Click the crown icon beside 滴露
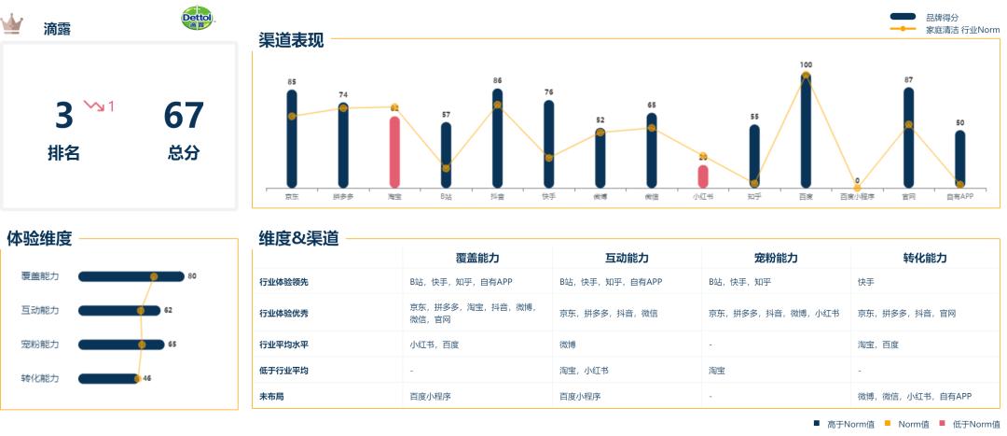point(14,23)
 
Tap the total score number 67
point(184,116)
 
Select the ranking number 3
point(63,116)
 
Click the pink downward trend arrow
point(94,105)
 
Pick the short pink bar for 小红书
point(702,176)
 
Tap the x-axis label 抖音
point(497,197)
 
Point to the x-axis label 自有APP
point(959,197)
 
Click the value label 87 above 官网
point(908,80)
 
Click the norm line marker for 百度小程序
point(857,188)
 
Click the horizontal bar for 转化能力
point(107,378)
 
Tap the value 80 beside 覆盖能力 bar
point(192,276)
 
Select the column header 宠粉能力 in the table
point(776,258)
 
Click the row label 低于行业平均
point(283,371)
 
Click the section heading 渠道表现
point(292,40)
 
